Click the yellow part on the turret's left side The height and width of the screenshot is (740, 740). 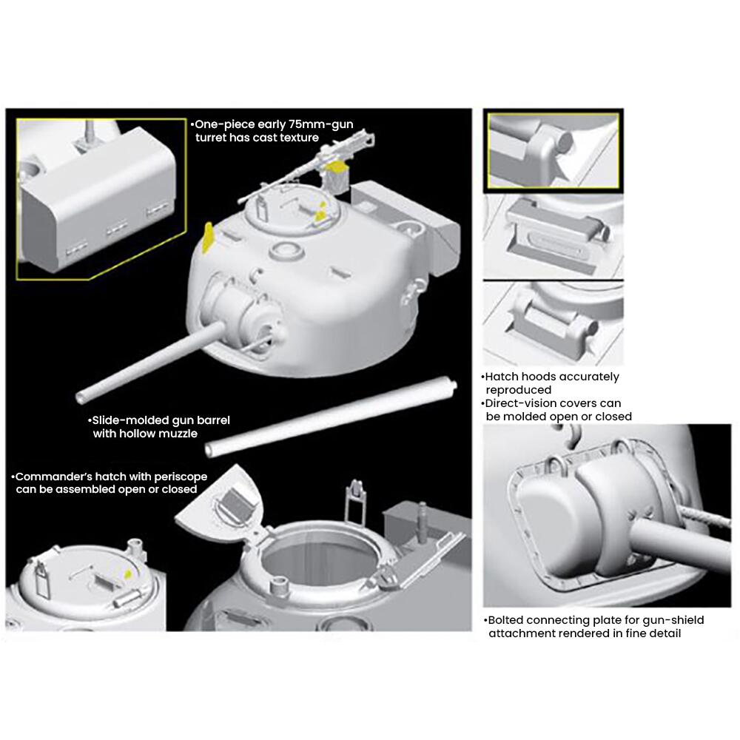tap(208, 235)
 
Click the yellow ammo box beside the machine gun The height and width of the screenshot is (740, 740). tap(338, 178)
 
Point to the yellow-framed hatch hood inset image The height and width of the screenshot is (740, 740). tap(552, 149)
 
